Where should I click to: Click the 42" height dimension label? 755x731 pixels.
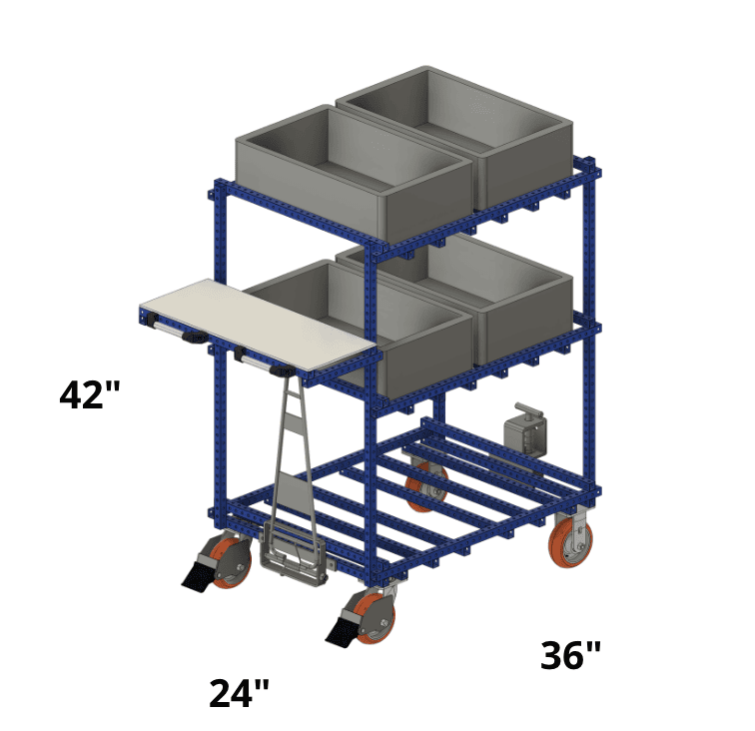click(x=89, y=394)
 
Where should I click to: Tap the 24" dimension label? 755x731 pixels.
click(x=239, y=693)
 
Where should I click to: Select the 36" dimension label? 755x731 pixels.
click(x=570, y=655)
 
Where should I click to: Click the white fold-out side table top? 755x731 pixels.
click(x=258, y=325)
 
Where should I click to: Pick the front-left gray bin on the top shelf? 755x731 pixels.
click(x=354, y=175)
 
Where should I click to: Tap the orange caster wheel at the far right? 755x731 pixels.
click(x=570, y=542)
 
